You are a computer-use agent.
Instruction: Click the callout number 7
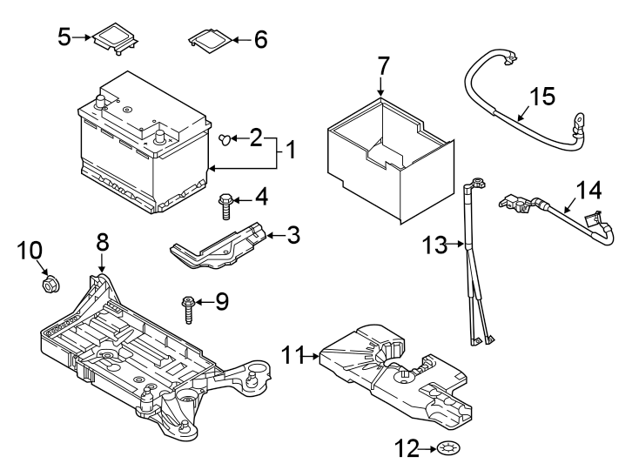(x=383, y=65)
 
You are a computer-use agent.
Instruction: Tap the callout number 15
(x=541, y=96)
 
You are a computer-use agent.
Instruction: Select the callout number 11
(x=294, y=355)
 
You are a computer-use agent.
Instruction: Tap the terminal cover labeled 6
(x=209, y=38)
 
